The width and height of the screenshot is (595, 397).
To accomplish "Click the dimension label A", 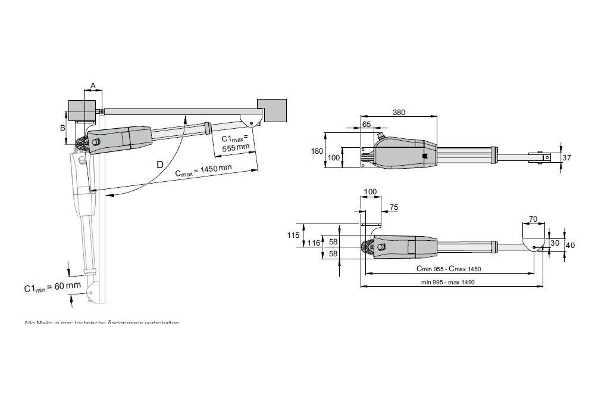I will point(92,85).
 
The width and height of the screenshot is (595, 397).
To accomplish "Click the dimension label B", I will point(61,127).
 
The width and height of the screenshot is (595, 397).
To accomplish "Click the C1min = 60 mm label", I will point(52,287).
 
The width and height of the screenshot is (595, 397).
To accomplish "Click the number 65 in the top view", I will point(366,124).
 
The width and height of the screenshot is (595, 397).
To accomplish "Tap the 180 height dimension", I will point(316,151).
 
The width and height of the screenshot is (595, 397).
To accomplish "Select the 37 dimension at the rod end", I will point(566,157).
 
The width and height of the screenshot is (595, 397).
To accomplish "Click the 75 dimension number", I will point(393,207).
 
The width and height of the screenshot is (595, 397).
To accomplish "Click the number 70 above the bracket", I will point(533,219).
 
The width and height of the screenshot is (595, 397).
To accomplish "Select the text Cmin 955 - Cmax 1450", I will point(449,269).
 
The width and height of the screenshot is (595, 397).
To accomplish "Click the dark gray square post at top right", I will point(272,111).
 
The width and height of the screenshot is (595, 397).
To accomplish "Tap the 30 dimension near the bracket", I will point(555,243).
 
